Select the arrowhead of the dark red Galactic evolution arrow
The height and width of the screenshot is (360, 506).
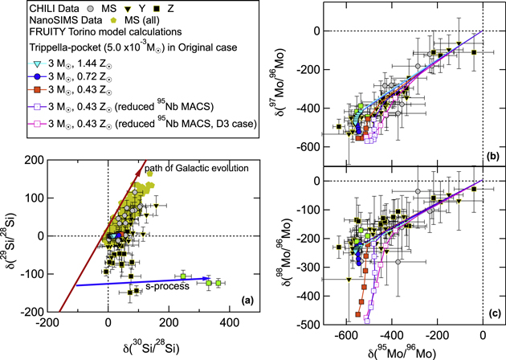click(x=147, y=164)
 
